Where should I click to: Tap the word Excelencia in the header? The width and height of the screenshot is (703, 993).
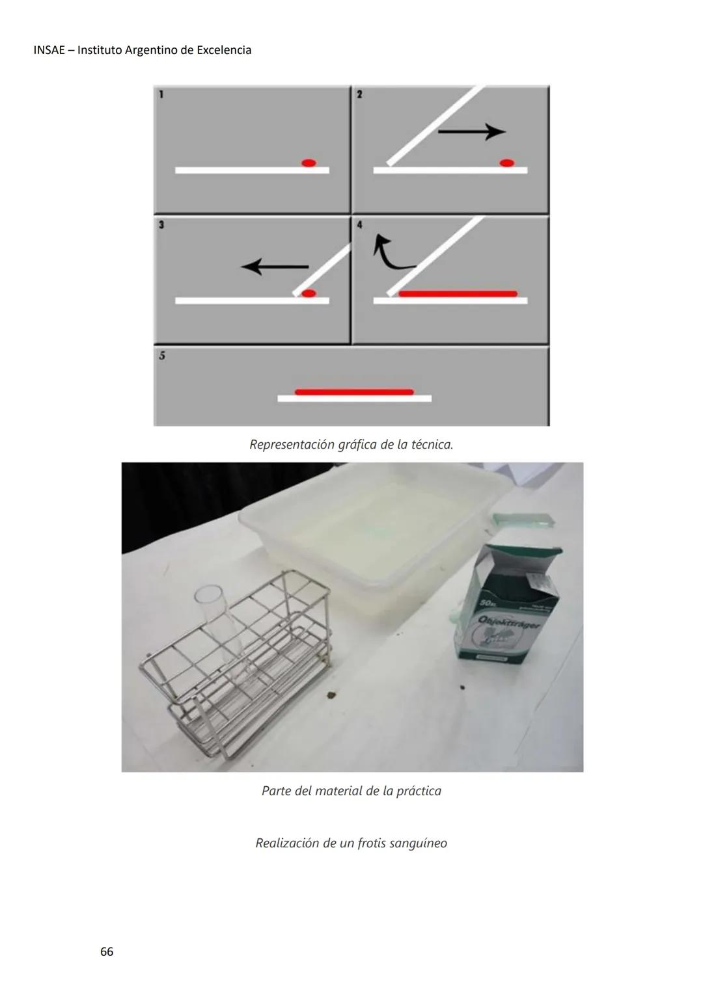[224, 50]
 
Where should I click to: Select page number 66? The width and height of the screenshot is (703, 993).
[107, 952]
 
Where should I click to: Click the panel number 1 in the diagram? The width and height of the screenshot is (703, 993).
[161, 94]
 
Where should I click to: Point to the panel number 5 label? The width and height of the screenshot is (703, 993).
[161, 356]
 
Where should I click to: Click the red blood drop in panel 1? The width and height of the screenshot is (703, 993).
[309, 163]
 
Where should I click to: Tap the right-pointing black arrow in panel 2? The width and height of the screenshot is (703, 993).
[471, 132]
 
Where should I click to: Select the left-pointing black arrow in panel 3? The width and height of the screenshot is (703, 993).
[274, 266]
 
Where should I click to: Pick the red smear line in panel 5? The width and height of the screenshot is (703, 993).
[354, 392]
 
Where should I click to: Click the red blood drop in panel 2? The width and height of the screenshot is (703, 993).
[506, 163]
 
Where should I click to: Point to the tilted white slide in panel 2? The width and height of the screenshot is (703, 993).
[435, 125]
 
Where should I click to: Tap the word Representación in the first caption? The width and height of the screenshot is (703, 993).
[292, 445]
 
